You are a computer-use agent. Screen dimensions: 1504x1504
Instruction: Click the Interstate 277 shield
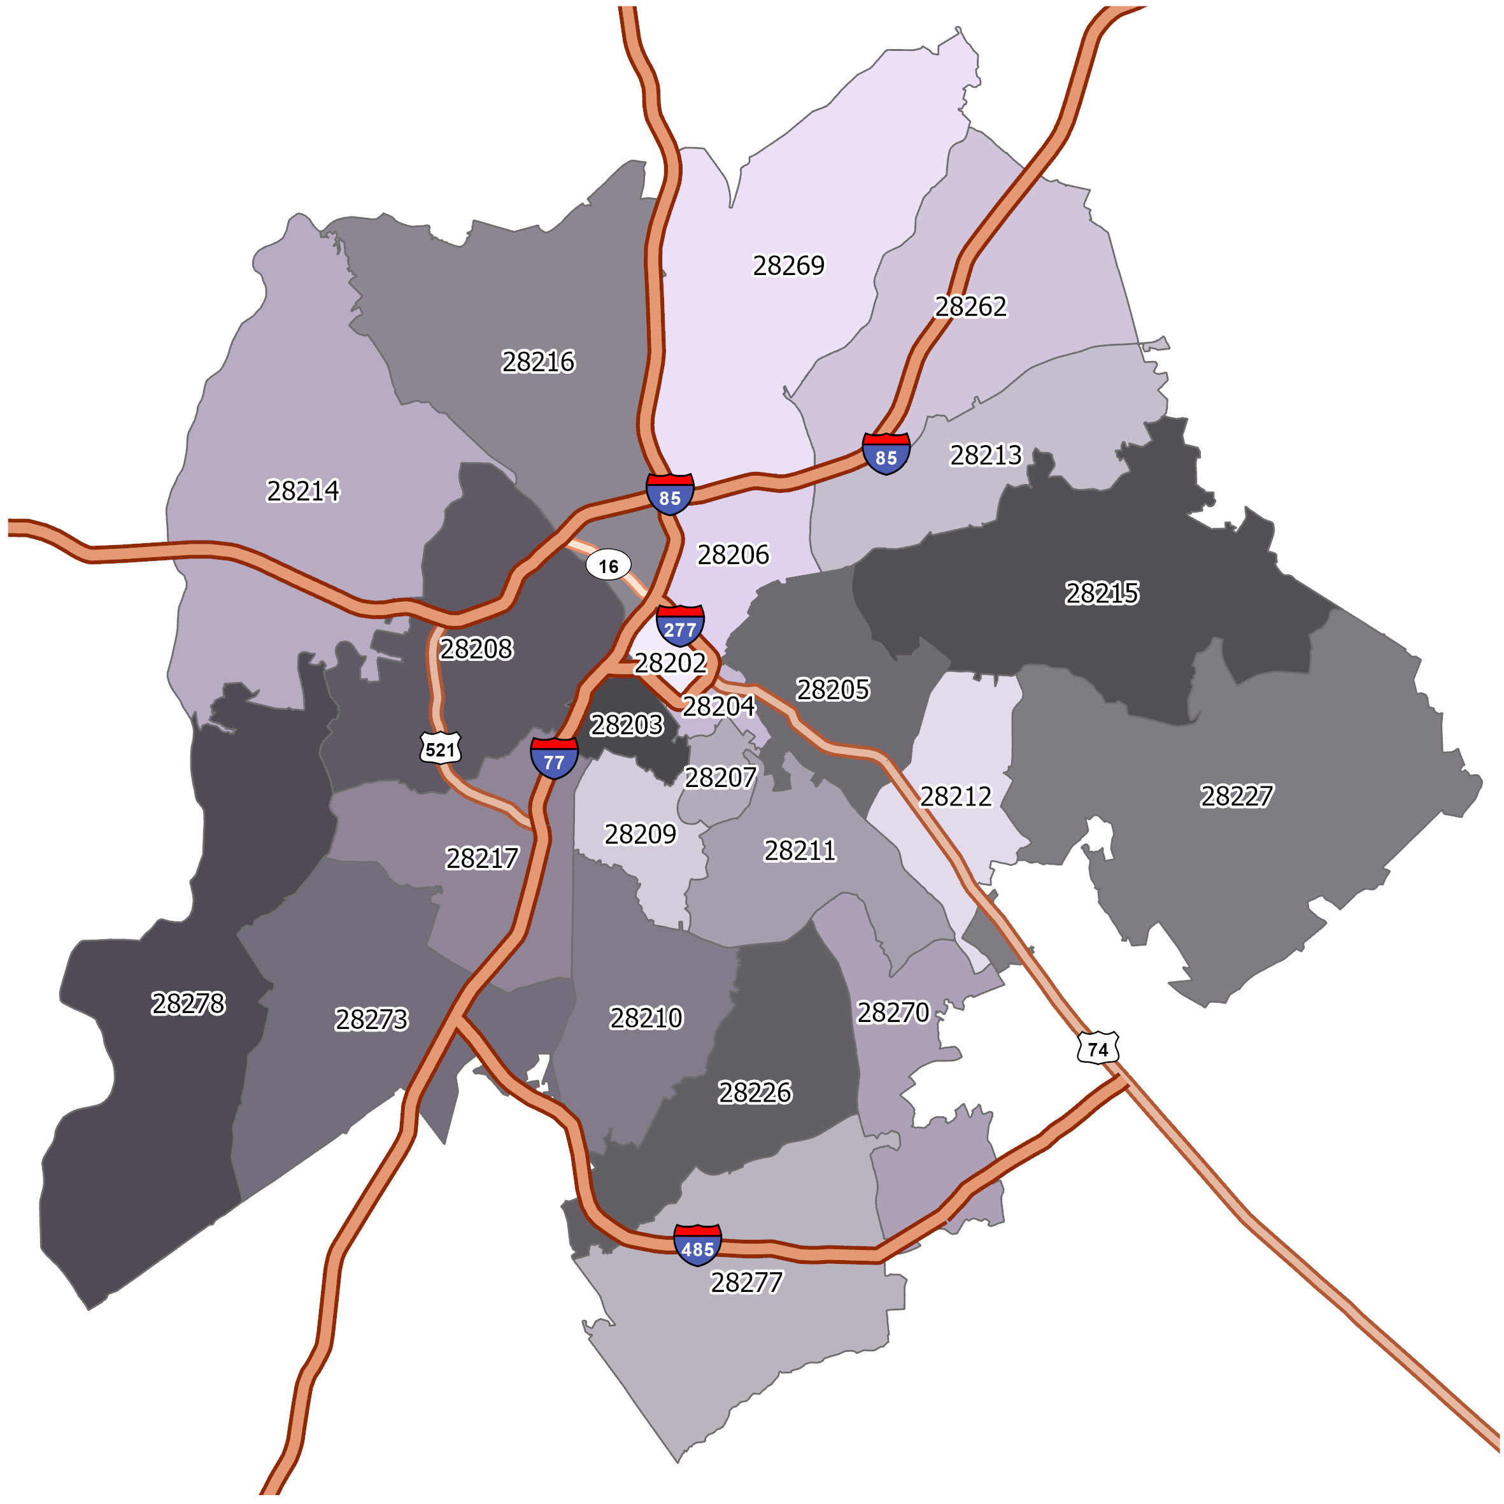[x=679, y=625]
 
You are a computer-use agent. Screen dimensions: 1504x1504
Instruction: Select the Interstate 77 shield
[x=553, y=758]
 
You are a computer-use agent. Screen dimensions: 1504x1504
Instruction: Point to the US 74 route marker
[x=1098, y=1049]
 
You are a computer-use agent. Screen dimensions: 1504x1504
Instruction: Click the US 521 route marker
[x=441, y=749]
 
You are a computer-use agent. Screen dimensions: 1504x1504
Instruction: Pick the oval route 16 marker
[x=608, y=566]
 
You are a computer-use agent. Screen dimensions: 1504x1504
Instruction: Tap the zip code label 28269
[x=788, y=266]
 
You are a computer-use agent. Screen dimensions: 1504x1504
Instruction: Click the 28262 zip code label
[x=970, y=307]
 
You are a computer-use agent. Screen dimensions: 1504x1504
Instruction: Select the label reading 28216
[x=538, y=362]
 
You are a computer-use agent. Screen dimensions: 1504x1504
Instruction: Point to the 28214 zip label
[x=303, y=490]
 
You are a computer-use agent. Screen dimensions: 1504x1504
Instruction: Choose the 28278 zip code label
[x=188, y=1004]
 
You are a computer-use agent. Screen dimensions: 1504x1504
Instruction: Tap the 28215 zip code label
[x=1102, y=593]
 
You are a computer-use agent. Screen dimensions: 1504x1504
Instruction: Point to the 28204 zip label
[x=718, y=706]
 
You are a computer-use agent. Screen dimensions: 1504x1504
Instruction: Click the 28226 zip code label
[x=755, y=1092]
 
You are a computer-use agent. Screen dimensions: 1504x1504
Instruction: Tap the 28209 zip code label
[x=640, y=835]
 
